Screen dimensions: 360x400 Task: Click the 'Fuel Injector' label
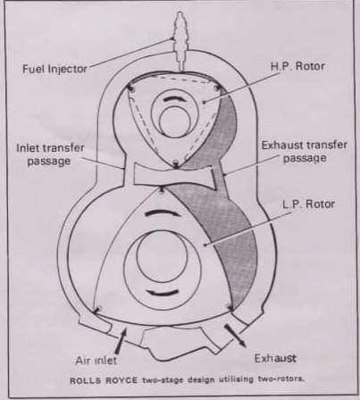[54, 69]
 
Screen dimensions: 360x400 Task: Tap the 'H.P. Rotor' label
[297, 66]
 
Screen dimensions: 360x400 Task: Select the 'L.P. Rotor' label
[308, 204]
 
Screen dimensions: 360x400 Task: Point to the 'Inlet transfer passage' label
[50, 154]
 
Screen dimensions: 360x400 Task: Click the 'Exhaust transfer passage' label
[305, 152]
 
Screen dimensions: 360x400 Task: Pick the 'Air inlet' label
[96, 361]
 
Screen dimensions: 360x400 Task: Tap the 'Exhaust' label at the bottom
[275, 358]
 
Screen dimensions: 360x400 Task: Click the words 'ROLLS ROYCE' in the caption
[104, 380]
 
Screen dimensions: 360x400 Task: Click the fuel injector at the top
[180, 41]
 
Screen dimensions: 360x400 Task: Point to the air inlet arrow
[120, 340]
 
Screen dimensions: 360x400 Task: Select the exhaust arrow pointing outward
[235, 336]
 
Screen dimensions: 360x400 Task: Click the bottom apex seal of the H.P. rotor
[176, 164]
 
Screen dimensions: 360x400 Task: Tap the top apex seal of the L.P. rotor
[162, 190]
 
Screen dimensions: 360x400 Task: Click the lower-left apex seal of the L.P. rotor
[96, 309]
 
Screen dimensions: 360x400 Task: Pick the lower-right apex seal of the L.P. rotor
[230, 307]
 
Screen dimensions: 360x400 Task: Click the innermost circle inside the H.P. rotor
[174, 121]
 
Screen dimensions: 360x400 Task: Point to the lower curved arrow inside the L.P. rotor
[163, 292]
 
